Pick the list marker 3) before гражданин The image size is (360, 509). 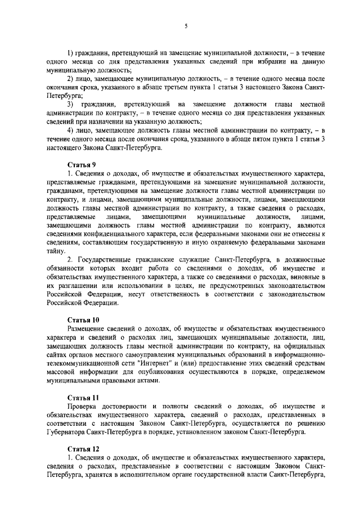[x=71, y=104]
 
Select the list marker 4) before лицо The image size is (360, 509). [x=71, y=130]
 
